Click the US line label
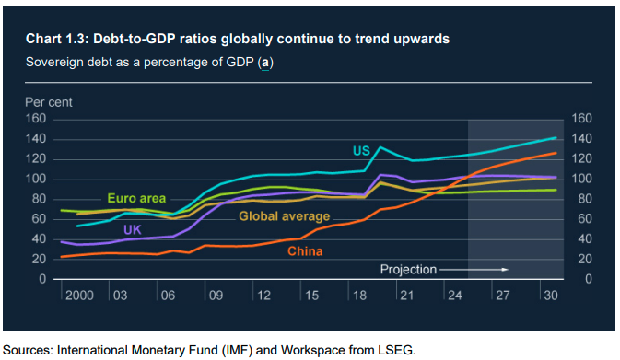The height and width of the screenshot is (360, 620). pos(361,151)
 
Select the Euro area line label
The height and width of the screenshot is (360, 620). pos(136,198)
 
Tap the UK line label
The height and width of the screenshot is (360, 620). pos(132,229)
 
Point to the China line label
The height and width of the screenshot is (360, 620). pos(305,251)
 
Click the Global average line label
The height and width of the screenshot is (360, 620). pos(285,216)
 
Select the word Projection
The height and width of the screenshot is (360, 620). pos(408,270)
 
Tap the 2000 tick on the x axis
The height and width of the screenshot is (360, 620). pos(79,296)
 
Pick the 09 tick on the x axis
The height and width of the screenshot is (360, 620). pos(216,296)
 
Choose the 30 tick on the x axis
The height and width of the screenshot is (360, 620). pos(550,296)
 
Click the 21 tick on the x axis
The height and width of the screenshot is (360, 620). pos(406,296)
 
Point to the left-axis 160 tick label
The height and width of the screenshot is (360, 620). pos(36,119)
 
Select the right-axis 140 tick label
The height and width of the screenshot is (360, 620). pos(581,139)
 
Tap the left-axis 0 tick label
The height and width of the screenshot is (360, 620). pos(42,279)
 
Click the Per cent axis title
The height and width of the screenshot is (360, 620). pos(49,102)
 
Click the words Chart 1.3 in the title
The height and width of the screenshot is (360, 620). pos(55,39)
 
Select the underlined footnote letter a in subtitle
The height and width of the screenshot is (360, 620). pos(265,63)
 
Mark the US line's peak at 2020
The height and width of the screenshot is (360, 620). pos(380,147)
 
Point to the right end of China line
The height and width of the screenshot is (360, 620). pos(556,153)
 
